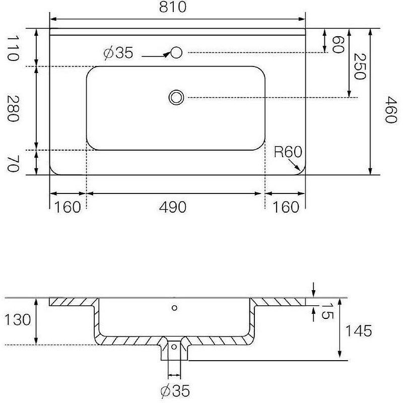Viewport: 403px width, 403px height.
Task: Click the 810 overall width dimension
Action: [173, 7]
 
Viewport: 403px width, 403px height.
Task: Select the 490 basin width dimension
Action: [173, 207]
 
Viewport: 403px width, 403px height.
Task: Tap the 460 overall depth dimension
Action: [391, 110]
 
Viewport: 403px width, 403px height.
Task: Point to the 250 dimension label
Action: [360, 66]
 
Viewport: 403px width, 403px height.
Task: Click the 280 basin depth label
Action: [13, 108]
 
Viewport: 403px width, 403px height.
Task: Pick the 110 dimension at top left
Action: [13, 48]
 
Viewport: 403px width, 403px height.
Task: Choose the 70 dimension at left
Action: [13, 164]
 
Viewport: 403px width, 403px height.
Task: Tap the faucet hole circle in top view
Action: [176, 52]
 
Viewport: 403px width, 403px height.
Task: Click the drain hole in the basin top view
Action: [176, 97]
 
